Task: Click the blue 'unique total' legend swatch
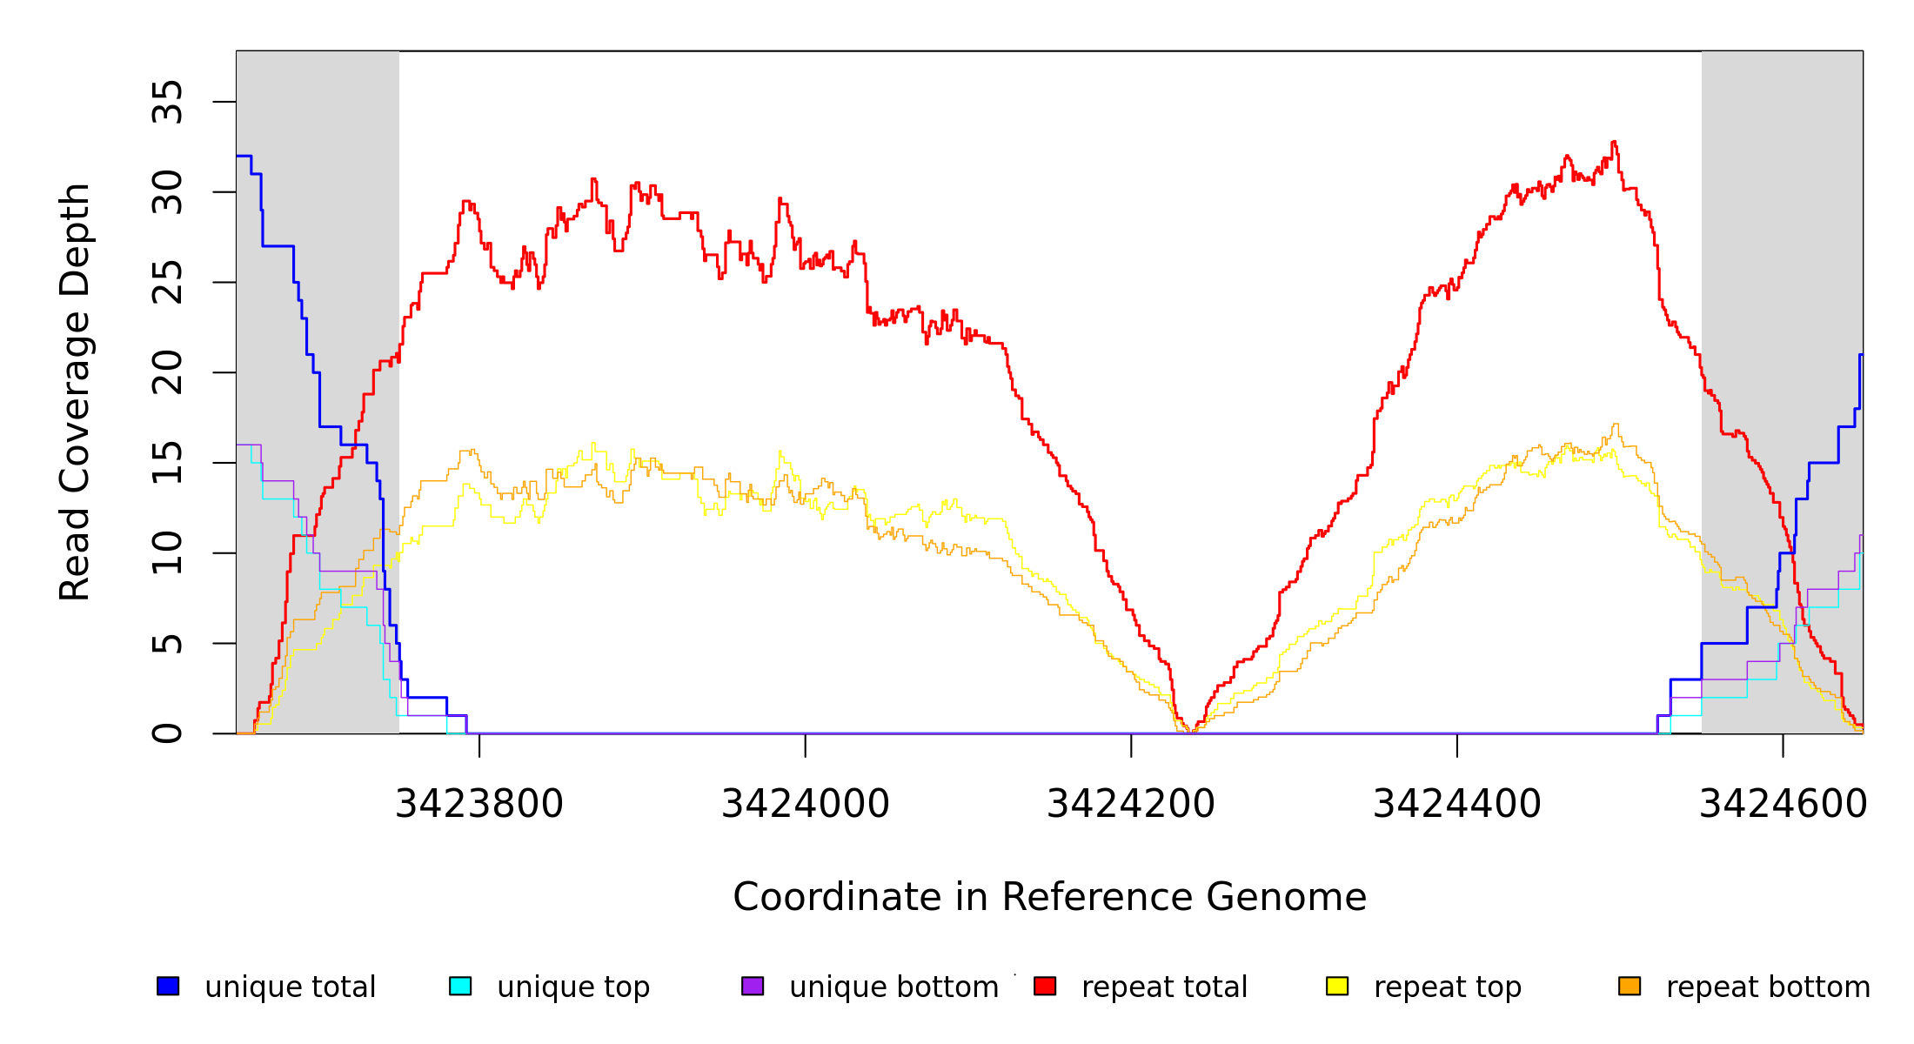coord(168,987)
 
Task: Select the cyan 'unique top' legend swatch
coord(460,987)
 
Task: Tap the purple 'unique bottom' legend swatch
coord(753,987)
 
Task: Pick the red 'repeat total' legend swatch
coord(1045,987)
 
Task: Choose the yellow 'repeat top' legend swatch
coord(1337,987)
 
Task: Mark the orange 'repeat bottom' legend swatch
coord(1630,987)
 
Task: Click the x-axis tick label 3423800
coord(479,804)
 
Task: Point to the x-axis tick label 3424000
coord(806,804)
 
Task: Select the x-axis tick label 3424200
coord(1131,804)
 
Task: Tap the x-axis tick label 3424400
coord(1457,804)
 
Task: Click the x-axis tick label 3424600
coord(1783,804)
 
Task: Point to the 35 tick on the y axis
coord(167,102)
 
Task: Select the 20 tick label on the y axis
coord(167,372)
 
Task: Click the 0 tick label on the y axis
coord(167,733)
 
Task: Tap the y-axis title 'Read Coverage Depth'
coord(75,391)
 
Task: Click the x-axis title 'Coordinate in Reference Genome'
coord(1049,897)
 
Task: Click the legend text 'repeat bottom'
coord(1768,987)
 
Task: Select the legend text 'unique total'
coord(290,987)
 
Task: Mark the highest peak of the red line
coord(1614,142)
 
